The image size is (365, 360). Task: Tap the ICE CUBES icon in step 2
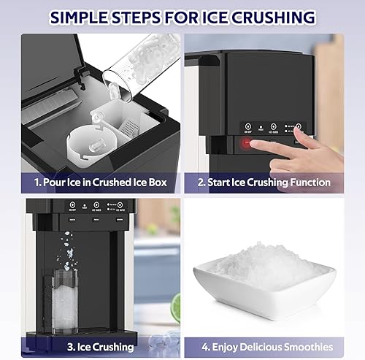point(273,125)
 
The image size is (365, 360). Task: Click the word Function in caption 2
point(306,183)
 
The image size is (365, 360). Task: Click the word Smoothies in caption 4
point(305,346)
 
